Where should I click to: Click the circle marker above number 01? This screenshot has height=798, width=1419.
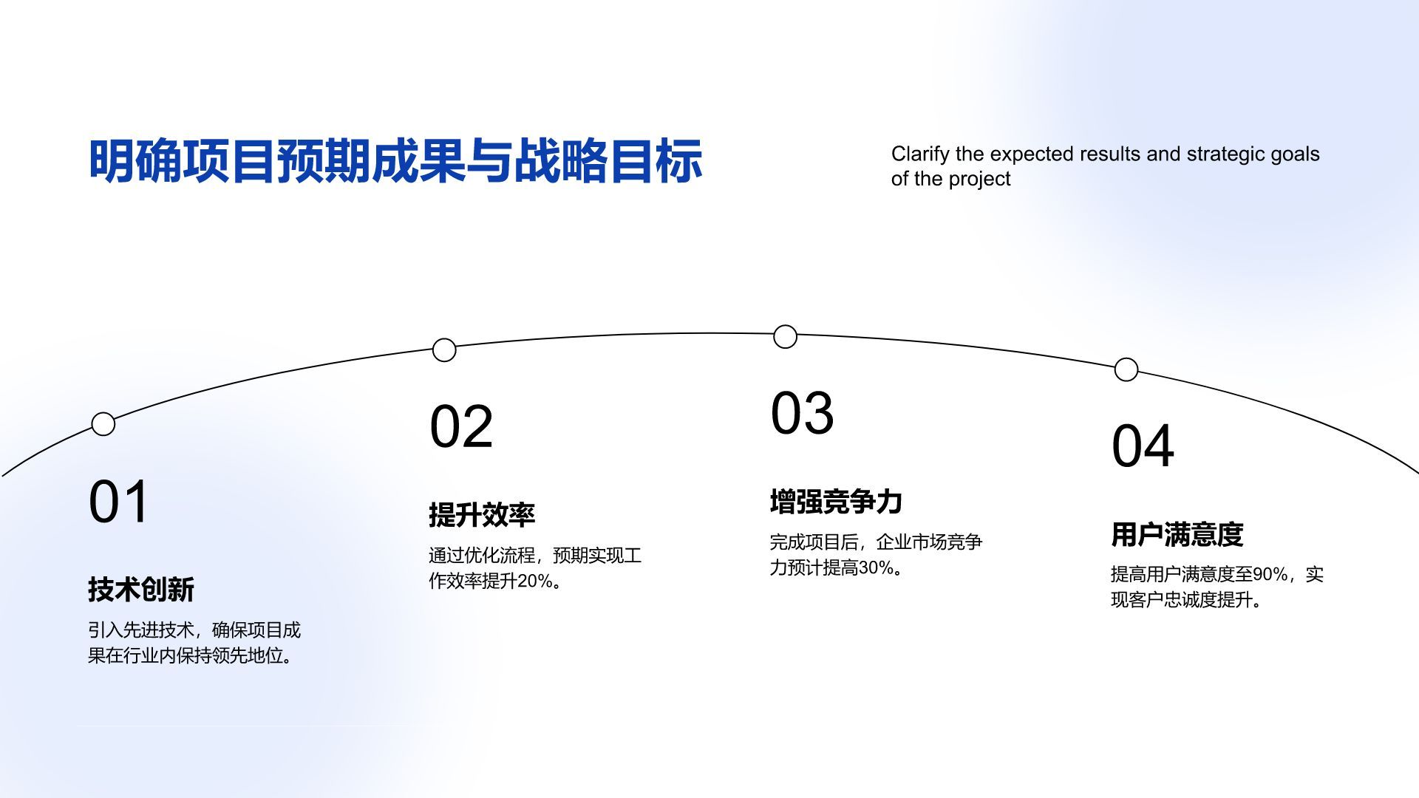coord(103,424)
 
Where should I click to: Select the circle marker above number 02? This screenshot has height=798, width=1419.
coord(444,350)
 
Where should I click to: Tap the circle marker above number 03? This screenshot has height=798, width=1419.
coord(785,337)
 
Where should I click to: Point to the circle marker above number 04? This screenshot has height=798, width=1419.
coord(1126,369)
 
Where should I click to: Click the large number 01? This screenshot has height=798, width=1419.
coord(119,502)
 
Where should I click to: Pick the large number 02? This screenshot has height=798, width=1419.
coord(461,426)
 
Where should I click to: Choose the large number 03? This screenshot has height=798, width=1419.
coord(802,413)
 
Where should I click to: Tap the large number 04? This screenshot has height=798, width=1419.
coord(1143,446)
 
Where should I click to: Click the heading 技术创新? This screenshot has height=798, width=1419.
coord(141,590)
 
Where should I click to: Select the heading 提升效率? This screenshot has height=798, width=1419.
coord(482,515)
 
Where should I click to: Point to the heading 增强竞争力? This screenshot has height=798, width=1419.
coord(836,502)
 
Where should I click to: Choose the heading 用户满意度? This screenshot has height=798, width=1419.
coord(1177,534)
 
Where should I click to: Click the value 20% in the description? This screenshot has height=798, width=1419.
coord(534,582)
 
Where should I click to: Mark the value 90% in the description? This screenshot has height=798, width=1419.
coord(1270,574)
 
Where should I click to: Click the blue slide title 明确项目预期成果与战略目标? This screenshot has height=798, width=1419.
coord(395,160)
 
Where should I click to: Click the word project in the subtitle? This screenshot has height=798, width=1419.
coord(979,180)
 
